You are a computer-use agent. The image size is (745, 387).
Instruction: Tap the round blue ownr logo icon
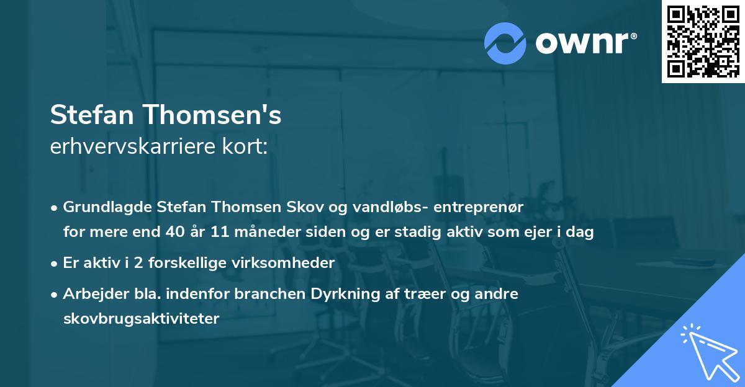tap(505, 43)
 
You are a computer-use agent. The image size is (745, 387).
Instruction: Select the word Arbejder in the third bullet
tap(91, 293)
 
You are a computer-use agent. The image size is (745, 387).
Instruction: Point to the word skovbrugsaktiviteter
tap(141, 319)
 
